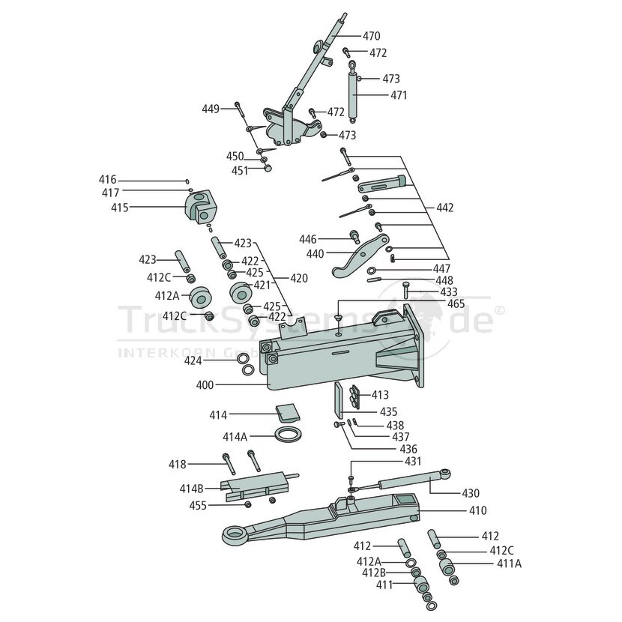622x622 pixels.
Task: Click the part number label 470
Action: tap(371, 36)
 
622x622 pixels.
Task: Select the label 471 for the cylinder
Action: tap(399, 95)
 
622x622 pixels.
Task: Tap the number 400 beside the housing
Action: tap(205, 384)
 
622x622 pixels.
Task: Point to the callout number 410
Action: tap(477, 510)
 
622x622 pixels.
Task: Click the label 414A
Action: tap(235, 437)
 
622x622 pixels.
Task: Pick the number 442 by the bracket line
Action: tap(444, 208)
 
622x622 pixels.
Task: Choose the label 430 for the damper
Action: tap(471, 493)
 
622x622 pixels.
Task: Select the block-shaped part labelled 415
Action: tap(202, 207)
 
